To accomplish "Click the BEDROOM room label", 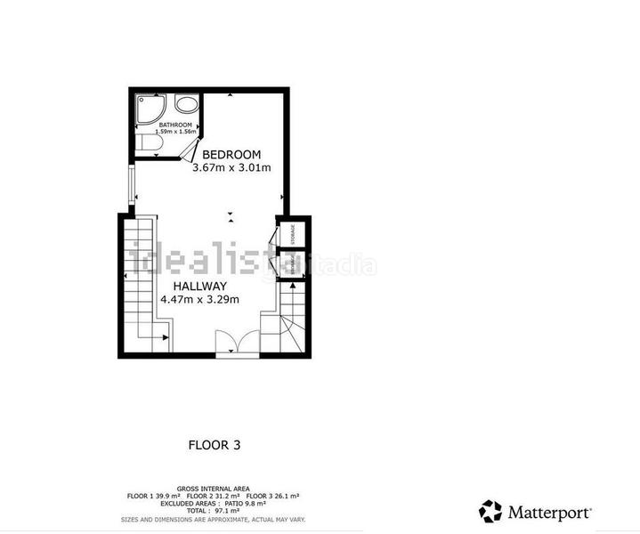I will coord(231,154).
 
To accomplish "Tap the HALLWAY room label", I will coord(199,286).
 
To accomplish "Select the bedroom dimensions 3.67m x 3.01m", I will coord(231,167).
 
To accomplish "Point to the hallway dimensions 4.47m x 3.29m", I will coord(199,300).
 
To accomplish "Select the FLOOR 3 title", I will coord(214,444).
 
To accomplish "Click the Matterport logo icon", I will coord(490,511).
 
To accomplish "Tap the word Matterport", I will coord(549,512).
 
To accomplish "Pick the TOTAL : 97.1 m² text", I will coord(213,511).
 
